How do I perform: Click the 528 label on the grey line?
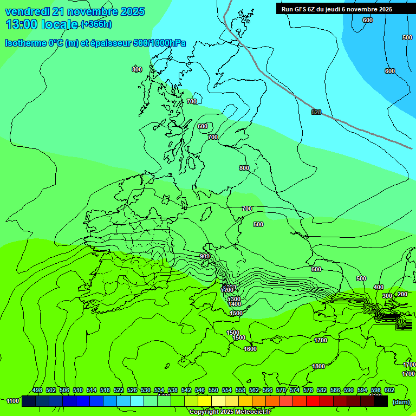(x=316, y=112)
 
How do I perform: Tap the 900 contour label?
(x=204, y=256)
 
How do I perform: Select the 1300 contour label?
(x=234, y=299)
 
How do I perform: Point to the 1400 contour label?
(x=235, y=304)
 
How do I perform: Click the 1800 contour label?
(x=318, y=367)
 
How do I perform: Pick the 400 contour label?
(x=379, y=287)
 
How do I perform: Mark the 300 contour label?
(x=387, y=296)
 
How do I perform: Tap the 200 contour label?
(x=402, y=294)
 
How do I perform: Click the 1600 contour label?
(x=250, y=349)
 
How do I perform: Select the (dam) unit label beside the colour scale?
(x=401, y=401)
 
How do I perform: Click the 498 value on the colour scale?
(x=37, y=390)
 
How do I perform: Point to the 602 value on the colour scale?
(x=389, y=390)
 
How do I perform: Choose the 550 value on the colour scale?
(x=213, y=390)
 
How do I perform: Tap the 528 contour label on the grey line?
(x=316, y=112)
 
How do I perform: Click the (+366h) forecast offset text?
(x=96, y=24)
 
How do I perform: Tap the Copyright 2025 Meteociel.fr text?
(x=230, y=412)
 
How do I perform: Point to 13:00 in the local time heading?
(x=21, y=24)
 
